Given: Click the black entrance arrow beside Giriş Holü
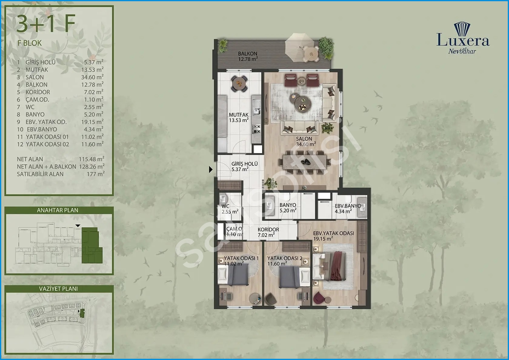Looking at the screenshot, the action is pyautogui.click(x=211, y=169).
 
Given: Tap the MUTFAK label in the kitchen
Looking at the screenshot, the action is pyautogui.click(x=239, y=115).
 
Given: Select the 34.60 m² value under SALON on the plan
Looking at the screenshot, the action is pyautogui.click(x=306, y=144).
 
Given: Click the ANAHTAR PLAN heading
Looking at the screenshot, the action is pyautogui.click(x=58, y=210).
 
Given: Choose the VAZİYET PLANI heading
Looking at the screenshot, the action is pyautogui.click(x=58, y=288).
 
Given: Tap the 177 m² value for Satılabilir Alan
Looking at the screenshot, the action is pyautogui.click(x=96, y=174).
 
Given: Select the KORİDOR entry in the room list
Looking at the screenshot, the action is pyautogui.click(x=38, y=92).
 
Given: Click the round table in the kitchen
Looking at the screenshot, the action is pyautogui.click(x=239, y=83).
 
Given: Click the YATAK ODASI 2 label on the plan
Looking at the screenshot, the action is pyautogui.click(x=285, y=258).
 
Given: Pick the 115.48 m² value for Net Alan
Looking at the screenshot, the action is pyautogui.click(x=91, y=159).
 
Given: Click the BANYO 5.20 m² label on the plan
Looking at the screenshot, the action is pyautogui.click(x=288, y=208).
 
